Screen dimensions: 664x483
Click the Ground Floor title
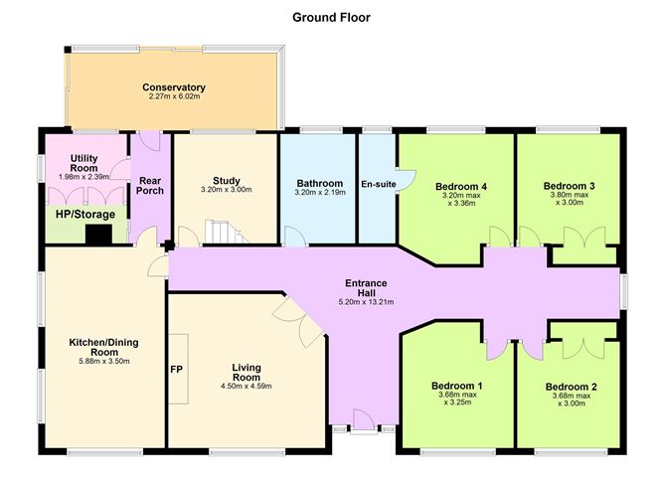pyautogui.click(x=331, y=17)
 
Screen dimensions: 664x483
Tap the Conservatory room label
pyautogui.click(x=174, y=87)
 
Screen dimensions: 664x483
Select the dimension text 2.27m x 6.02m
pyautogui.click(x=174, y=96)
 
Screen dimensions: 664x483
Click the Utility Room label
pyautogui.click(x=83, y=163)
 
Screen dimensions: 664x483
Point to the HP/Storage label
pyautogui.click(x=85, y=215)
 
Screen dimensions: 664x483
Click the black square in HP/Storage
pyautogui.click(x=98, y=235)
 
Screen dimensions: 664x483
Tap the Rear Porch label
pyautogui.click(x=150, y=186)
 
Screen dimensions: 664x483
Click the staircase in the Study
pyautogui.click(x=226, y=232)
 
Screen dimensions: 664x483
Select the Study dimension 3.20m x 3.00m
pyautogui.click(x=226, y=190)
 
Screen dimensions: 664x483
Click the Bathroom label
pyautogui.click(x=320, y=183)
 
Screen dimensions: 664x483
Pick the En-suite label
pyautogui.click(x=379, y=184)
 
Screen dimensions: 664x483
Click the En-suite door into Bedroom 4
pyautogui.click(x=406, y=180)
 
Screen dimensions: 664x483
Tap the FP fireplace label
pyautogui.click(x=177, y=370)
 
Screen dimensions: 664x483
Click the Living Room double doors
pyautogui.click(x=298, y=321)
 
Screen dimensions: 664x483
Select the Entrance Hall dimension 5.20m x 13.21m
pyautogui.click(x=366, y=302)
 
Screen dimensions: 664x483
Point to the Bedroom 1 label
pyautogui.click(x=457, y=386)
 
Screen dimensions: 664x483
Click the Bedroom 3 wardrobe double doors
pyautogui.click(x=584, y=238)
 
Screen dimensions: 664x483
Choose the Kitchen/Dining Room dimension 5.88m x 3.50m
pyautogui.click(x=104, y=362)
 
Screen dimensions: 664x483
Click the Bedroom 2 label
pyautogui.click(x=572, y=387)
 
